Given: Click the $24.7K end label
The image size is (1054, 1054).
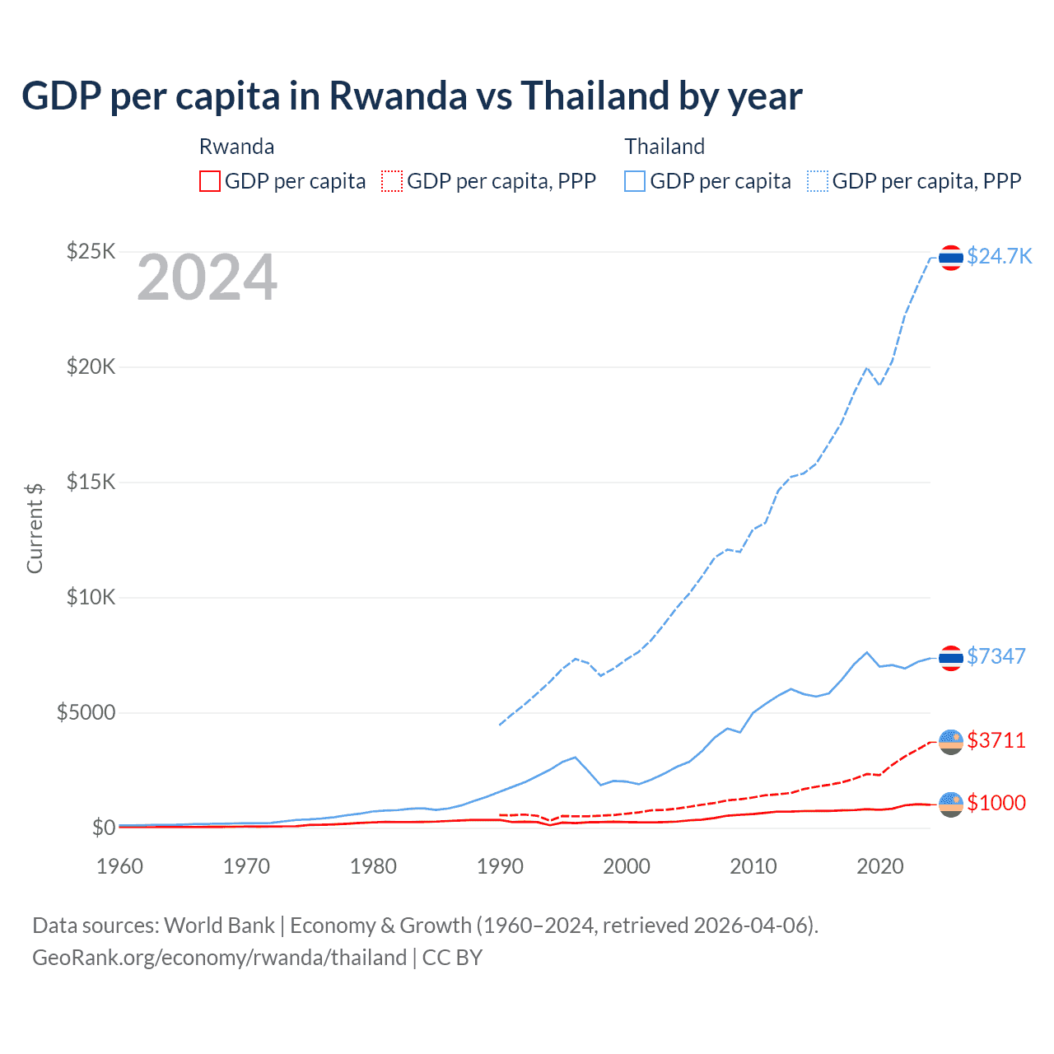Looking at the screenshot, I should click(x=999, y=256).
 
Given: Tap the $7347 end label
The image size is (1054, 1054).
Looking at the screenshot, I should click(x=996, y=656).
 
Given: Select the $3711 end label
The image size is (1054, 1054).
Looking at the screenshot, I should click(x=996, y=740).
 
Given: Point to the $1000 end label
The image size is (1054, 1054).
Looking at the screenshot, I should click(x=996, y=803).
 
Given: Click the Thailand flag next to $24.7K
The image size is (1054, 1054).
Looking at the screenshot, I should click(x=951, y=258).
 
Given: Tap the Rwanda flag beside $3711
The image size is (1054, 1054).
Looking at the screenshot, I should click(x=951, y=741).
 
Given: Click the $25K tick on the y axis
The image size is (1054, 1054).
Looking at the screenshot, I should click(x=91, y=251).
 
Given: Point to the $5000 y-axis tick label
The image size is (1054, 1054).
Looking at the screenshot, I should click(x=86, y=712).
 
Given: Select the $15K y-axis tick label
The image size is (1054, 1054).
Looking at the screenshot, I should click(x=91, y=482).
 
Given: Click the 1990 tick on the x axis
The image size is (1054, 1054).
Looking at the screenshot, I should click(x=500, y=866).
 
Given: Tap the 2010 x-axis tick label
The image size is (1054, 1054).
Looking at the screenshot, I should click(x=753, y=866).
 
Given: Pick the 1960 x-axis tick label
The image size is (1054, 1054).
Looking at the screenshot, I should click(x=119, y=866).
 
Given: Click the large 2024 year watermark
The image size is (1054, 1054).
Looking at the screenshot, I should click(x=207, y=278).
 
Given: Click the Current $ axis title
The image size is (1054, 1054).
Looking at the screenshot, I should click(x=35, y=529).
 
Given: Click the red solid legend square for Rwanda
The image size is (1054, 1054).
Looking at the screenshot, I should click(x=210, y=181).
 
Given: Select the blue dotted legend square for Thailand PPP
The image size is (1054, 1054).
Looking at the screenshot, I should click(x=818, y=181).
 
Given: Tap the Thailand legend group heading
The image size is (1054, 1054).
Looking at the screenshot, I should click(x=665, y=147).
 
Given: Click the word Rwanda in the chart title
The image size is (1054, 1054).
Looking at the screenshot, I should click(x=398, y=96).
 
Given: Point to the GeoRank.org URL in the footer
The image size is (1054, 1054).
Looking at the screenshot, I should click(x=219, y=958).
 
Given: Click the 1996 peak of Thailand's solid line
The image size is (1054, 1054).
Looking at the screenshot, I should click(x=575, y=757).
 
